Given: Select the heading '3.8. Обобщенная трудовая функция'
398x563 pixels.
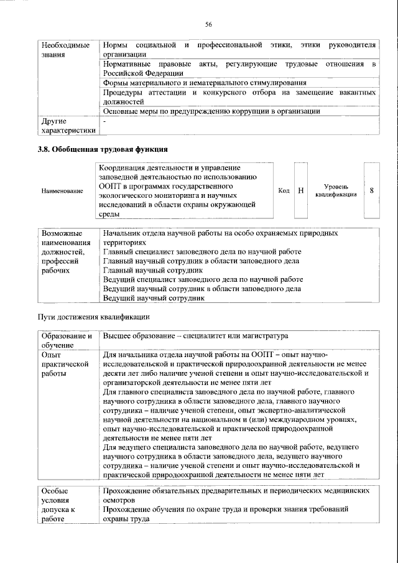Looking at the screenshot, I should [x=103, y=149].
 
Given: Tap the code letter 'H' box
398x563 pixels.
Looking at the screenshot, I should [x=301, y=190].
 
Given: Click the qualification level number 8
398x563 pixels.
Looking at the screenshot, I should [x=371, y=190].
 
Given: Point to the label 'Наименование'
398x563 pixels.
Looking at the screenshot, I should [x=62, y=191].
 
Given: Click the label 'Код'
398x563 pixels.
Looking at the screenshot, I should [x=284, y=190].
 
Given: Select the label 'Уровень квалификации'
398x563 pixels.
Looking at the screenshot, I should [x=336, y=190].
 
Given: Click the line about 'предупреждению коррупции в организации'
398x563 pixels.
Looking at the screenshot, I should [x=211, y=111].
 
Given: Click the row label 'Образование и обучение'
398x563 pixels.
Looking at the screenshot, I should [x=66, y=340].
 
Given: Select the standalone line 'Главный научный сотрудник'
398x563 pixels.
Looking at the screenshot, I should [x=153, y=271].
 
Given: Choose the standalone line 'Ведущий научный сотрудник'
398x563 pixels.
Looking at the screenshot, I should [x=154, y=298].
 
